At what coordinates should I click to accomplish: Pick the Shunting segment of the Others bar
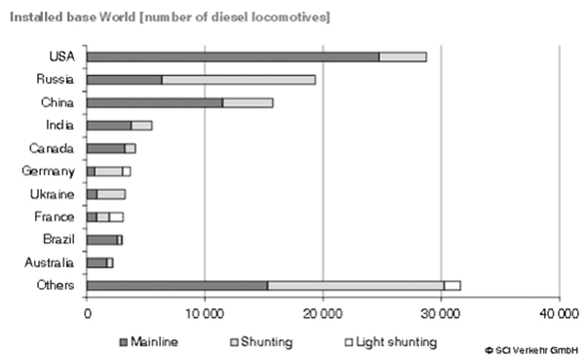(x=355, y=285)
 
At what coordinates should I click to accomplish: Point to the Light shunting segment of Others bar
(x=452, y=285)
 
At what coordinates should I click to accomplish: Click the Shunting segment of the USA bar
(x=402, y=57)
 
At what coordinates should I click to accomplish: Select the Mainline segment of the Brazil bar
(x=101, y=239)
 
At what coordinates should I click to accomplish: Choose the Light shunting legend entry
(x=389, y=342)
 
